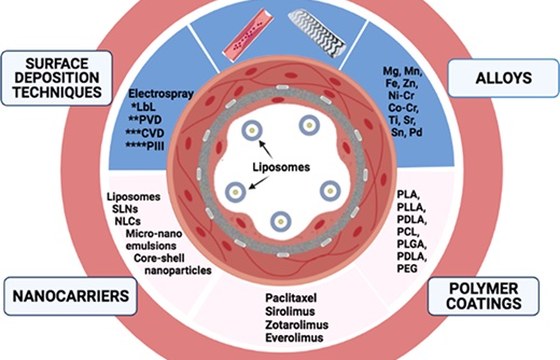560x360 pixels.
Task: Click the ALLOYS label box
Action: (503, 78)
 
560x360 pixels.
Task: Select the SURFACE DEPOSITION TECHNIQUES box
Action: (57, 78)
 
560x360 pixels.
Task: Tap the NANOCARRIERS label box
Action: (71, 296)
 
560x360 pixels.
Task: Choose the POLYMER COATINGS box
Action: (484, 296)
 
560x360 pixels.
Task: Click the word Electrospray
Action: (161, 94)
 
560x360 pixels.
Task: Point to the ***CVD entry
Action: (145, 133)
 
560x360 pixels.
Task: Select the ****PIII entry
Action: (145, 146)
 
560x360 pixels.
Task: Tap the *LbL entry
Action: (144, 107)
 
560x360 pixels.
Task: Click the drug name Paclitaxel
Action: (291, 298)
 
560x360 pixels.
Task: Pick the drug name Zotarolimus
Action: (296, 325)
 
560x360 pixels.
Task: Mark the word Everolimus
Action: (294, 338)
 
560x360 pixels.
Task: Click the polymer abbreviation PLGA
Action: (412, 244)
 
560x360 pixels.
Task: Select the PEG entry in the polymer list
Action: (407, 268)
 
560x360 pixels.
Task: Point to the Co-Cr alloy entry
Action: (404, 108)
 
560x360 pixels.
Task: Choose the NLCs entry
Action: (128, 221)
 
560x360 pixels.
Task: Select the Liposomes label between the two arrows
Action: (281, 167)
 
